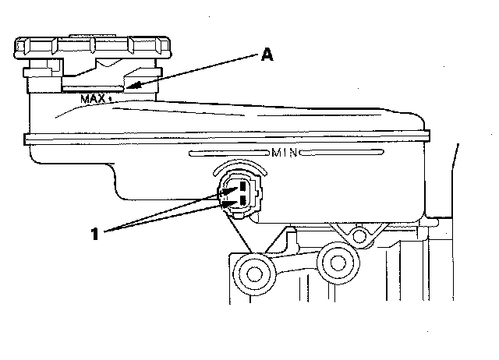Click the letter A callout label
[x=267, y=55]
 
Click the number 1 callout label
[x=95, y=232]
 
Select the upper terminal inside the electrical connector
[x=242, y=187]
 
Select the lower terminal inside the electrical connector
[x=242, y=201]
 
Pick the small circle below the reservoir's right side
[x=359, y=232]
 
